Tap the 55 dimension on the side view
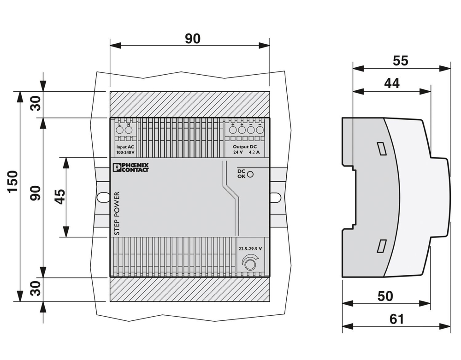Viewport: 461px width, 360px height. point(401,60)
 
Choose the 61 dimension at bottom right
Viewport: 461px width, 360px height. point(396,319)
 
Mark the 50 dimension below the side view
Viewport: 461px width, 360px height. point(385,296)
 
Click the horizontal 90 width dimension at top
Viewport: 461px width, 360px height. point(193,39)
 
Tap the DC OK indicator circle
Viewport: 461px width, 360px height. point(251,174)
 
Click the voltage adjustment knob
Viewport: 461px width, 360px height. point(250,264)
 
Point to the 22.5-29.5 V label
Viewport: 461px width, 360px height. point(250,248)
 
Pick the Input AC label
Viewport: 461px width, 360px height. point(124,146)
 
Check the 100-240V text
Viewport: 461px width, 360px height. point(124,152)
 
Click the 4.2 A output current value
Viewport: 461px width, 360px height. point(254,152)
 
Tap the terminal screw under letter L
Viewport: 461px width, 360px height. point(119,130)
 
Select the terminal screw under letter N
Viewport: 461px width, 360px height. point(128,130)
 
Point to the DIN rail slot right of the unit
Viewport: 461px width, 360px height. point(275,197)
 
